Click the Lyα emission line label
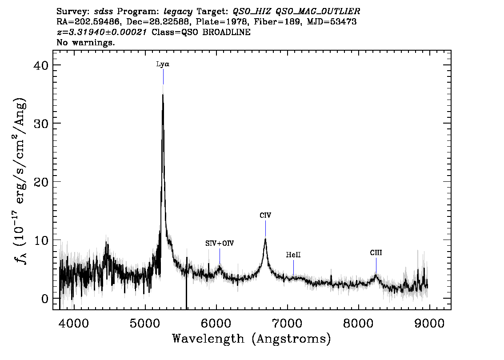163,64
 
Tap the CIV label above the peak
265,216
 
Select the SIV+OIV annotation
220,243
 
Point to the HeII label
293,255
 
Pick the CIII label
376,252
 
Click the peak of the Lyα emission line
163,94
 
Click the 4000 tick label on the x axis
74,323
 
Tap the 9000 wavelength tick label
429,323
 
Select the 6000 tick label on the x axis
216,323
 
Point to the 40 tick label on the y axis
40,65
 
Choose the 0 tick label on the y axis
45,299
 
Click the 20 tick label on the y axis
40,182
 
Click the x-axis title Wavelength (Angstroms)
252,339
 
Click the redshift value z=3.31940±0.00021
102,32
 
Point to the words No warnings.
85,42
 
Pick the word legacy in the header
178,12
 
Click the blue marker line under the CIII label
376,265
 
